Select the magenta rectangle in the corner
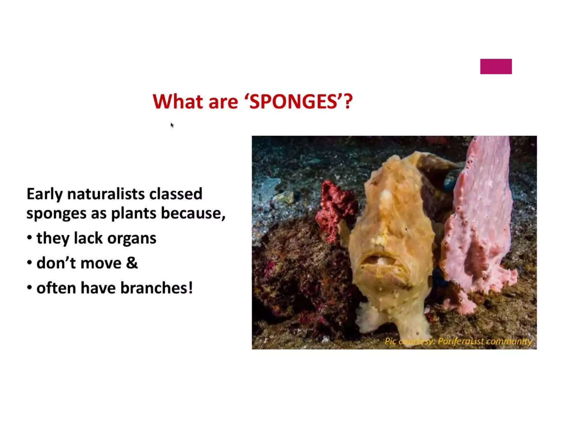(x=496, y=67)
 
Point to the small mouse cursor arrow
(x=172, y=125)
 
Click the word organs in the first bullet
(x=132, y=238)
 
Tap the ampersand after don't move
(x=132, y=263)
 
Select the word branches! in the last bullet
(x=157, y=288)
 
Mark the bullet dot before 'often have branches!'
(x=30, y=287)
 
